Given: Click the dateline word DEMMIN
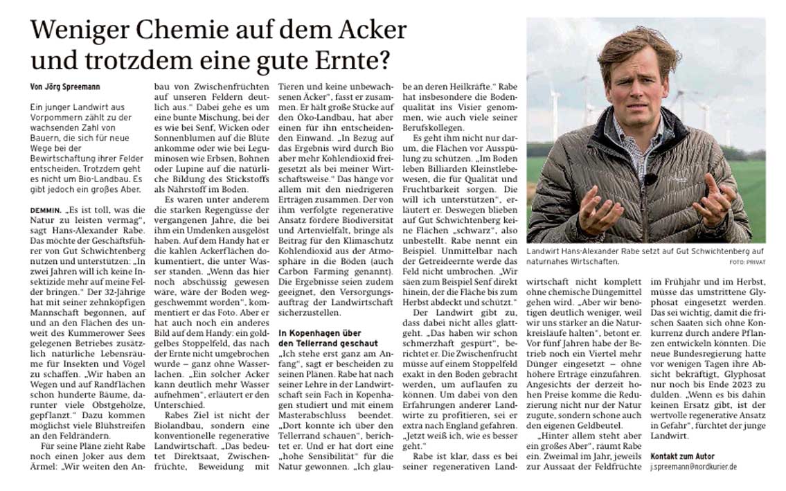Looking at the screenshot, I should (x=45, y=208).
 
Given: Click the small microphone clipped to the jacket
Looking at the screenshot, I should (x=650, y=178).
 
